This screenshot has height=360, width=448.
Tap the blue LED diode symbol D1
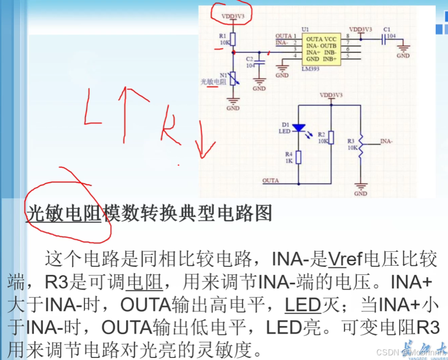coord(298,128)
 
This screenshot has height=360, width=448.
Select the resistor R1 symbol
coord(233,39)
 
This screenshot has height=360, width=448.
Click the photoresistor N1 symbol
coord(233,79)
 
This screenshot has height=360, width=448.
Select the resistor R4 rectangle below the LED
coord(298,157)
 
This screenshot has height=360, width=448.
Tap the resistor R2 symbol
coord(331,138)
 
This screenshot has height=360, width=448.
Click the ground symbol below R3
coord(360,187)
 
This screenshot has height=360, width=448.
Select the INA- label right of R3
coord(386,141)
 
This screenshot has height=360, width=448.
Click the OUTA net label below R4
coord(271,181)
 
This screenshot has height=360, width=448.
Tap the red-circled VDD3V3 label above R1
coord(233,16)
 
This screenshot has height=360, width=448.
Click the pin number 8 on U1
coord(348,36)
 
